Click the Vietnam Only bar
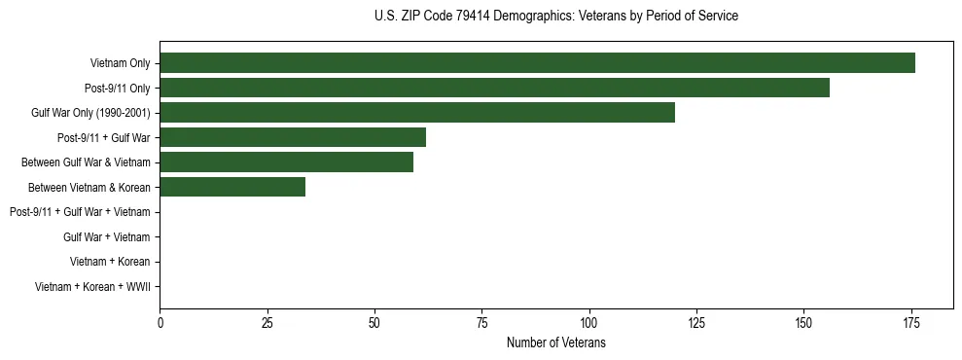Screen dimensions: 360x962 [537, 63]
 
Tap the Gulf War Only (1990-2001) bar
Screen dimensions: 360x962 [417, 113]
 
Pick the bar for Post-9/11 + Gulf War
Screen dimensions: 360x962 [293, 137]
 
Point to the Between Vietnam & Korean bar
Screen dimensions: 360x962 [232, 187]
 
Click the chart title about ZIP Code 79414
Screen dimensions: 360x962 [555, 17]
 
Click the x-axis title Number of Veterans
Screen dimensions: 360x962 [555, 342]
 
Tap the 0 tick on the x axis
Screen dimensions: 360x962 [160, 322]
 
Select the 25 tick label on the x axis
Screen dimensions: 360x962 [267, 322]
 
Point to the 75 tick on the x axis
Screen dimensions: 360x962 [481, 322]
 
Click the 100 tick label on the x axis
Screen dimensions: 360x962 [588, 322]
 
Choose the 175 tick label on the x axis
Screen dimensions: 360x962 [910, 322]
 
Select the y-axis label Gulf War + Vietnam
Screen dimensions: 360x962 [106, 237]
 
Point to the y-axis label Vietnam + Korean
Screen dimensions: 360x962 [110, 262]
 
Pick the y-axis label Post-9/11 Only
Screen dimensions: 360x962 [117, 89]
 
